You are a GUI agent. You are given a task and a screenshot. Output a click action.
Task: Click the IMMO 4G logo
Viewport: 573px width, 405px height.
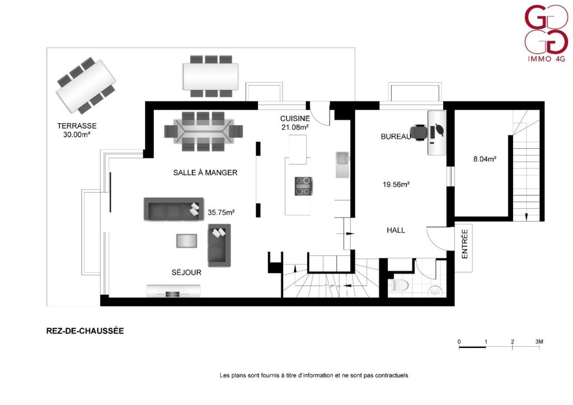coord(546,33)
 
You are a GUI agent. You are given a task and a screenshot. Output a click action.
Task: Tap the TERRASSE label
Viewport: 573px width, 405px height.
coord(77,126)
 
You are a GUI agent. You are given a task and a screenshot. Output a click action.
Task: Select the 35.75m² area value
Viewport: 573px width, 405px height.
coord(221,212)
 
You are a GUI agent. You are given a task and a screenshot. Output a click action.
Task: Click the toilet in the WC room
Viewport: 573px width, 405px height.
coord(398,285)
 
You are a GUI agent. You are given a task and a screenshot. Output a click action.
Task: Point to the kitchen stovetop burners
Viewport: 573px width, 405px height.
coord(304,186)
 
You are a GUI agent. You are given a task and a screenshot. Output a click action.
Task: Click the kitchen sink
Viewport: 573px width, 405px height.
coord(342,164)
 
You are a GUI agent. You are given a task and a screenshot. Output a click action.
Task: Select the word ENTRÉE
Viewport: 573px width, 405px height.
coord(464,244)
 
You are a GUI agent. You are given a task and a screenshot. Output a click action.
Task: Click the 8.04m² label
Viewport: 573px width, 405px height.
coord(485,159)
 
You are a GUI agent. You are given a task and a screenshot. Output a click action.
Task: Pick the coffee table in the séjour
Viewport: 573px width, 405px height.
coord(187,241)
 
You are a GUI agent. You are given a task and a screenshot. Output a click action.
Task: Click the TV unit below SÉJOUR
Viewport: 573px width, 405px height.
coord(174,290)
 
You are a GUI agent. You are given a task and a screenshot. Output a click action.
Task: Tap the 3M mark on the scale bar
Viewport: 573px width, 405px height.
coord(539,342)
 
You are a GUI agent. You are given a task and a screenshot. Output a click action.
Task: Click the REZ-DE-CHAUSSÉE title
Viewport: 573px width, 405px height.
coord(85,331)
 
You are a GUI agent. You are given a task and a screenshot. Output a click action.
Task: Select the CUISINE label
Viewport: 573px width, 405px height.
coord(295,119)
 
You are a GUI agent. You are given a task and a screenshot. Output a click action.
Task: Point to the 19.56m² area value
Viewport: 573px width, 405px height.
coord(396,185)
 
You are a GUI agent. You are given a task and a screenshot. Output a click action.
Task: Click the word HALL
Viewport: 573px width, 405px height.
coord(396,230)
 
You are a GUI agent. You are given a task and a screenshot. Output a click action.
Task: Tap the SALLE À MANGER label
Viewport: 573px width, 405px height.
coord(205,172)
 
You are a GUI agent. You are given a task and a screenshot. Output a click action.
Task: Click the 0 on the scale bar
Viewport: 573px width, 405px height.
coord(459,342)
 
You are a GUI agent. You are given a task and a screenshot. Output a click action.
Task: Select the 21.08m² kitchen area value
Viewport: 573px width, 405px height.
coord(295,127)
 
